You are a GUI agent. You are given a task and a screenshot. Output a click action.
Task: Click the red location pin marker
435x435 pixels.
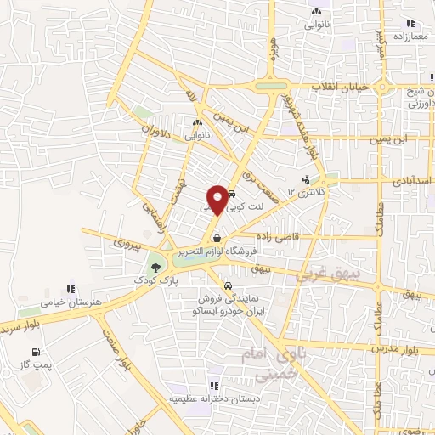217,199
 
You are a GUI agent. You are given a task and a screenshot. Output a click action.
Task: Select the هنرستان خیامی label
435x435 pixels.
67,301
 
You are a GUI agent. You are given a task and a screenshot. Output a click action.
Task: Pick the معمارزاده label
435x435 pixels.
410,37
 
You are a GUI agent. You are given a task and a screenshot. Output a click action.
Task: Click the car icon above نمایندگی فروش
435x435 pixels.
229,285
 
